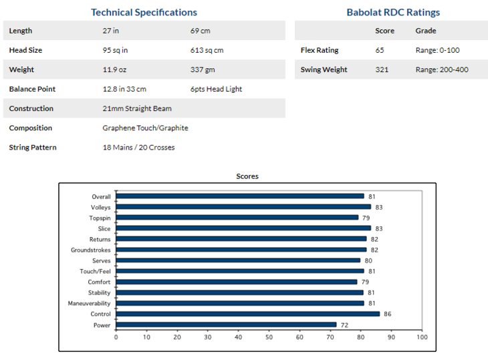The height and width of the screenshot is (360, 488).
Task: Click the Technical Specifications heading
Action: pos(144,12)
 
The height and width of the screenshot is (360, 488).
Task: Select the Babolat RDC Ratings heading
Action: pos(393,12)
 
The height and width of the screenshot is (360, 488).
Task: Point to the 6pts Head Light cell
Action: pos(216,89)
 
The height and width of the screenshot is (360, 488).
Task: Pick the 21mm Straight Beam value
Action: pos(136,108)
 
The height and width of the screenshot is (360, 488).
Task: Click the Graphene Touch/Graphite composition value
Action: pos(145,128)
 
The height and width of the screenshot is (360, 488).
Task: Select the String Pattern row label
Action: pos(33,147)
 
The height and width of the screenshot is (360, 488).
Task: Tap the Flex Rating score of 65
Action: pos(380,50)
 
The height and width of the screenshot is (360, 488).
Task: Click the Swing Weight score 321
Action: pos(382,69)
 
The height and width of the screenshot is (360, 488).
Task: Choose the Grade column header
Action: pos(426,31)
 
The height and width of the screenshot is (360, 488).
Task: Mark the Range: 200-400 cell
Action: pos(439,69)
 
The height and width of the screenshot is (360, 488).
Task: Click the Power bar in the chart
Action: pos(226,325)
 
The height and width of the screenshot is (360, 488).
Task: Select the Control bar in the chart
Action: pos(247,314)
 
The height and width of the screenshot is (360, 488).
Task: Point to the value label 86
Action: pos(386,314)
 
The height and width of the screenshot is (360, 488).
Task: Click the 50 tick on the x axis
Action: pos(269,337)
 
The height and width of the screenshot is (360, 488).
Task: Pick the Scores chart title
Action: pos(247,176)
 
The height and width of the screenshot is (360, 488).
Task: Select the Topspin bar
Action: pos(237,218)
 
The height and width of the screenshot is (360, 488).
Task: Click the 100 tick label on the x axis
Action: pos(421,337)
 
